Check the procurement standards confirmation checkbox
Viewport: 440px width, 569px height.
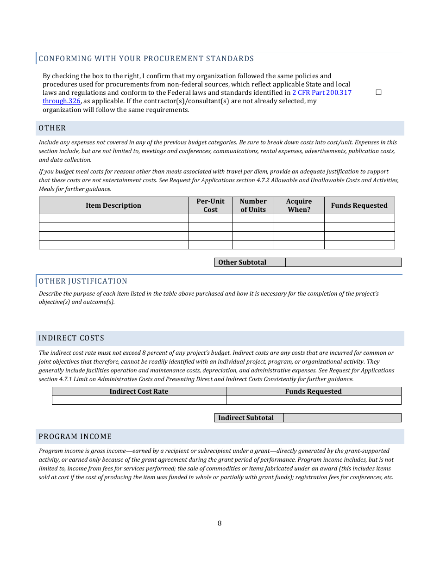(378, 93)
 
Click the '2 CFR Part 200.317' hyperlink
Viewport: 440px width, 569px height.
(321, 93)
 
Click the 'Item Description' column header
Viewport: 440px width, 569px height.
(113, 205)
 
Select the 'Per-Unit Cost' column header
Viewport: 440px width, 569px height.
(210, 205)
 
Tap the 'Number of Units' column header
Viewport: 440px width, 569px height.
(253, 205)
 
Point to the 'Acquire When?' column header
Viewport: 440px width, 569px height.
(299, 205)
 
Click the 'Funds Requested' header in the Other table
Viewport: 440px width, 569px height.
(359, 205)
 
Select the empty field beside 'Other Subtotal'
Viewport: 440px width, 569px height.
(343, 262)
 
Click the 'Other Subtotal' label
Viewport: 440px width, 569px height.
(242, 262)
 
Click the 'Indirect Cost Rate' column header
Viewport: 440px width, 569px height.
(138, 391)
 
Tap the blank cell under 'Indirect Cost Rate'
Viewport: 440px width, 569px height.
(138, 400)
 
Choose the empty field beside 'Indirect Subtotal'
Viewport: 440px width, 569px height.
(342, 418)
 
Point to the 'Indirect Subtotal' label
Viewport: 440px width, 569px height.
(246, 418)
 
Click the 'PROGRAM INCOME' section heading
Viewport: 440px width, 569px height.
(75, 437)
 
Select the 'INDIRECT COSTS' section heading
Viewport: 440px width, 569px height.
(71, 338)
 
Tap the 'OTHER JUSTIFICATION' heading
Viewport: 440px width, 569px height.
(83, 281)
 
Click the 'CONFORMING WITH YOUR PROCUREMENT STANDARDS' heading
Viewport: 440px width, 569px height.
(146, 59)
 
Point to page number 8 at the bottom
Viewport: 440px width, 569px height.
(220, 523)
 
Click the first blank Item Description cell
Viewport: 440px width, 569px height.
(113, 218)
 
